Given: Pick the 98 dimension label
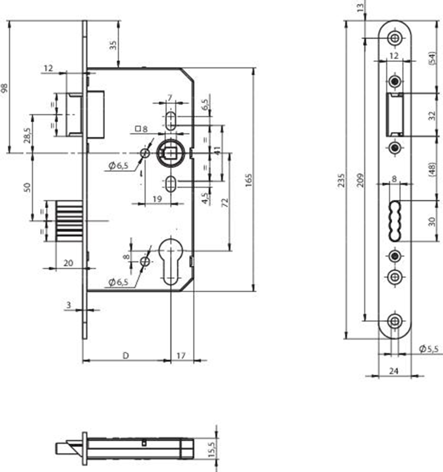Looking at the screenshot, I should pos(5,88).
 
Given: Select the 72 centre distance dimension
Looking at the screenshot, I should pos(225,203).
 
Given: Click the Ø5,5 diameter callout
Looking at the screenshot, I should pos(429,349).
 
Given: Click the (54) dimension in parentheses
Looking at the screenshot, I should pos(432,58).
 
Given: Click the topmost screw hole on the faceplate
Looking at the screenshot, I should pos(394,38).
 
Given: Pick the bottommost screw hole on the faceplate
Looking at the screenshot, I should pos(394,321).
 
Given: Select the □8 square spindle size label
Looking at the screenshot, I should pos(141,129).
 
